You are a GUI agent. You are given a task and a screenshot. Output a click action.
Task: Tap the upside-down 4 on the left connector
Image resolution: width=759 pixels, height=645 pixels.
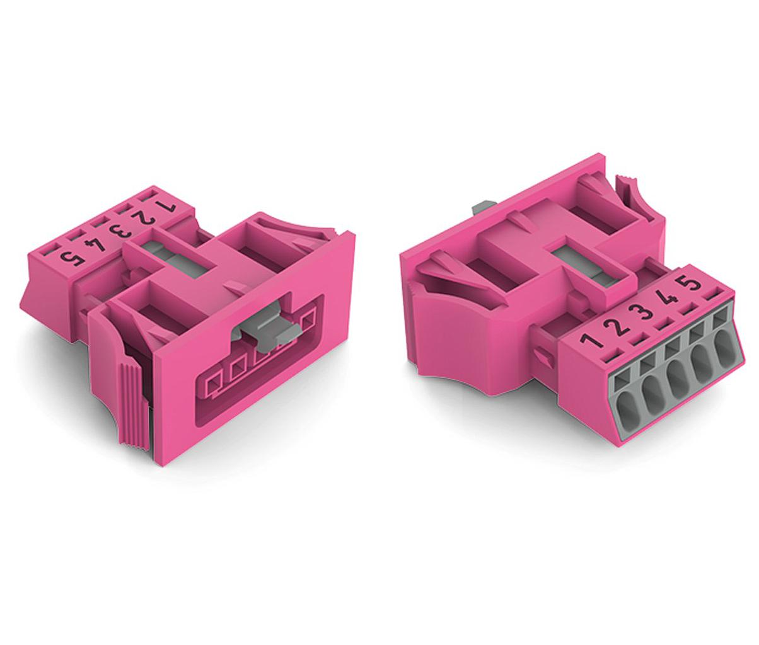[95, 244]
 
